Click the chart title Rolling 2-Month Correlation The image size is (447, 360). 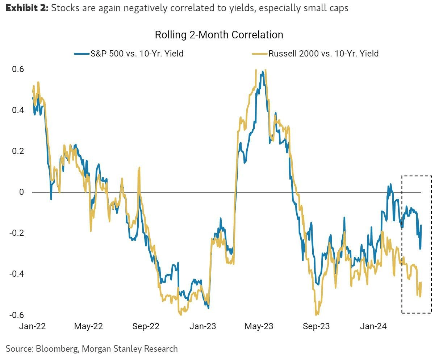coord(219,35)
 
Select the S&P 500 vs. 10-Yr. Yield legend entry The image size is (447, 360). coord(137,54)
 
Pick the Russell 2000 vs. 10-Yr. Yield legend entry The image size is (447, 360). coord(323,54)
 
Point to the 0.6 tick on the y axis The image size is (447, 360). coord(18,69)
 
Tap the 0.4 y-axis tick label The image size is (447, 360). coord(18,110)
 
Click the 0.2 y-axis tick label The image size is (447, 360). coord(18,151)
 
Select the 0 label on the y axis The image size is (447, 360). coord(21,192)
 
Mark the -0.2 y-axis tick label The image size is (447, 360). coord(16,233)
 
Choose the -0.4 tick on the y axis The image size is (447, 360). coord(16,274)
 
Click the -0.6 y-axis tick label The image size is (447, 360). coord(16,315)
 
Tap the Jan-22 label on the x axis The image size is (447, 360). coord(33,326)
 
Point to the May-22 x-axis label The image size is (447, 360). coord(88,326)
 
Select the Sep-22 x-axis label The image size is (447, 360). coord(146,326)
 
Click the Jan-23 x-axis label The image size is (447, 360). coord(203,326)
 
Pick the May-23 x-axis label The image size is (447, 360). coord(259,326)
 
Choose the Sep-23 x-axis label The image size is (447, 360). coord(316,326)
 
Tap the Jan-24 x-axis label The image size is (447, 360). coord(373,326)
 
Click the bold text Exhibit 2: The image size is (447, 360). coord(27,8)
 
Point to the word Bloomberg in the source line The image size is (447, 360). coord(57,349)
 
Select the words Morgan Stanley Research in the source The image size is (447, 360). coord(130,349)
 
